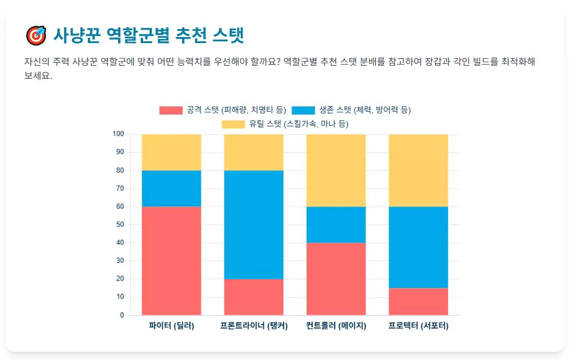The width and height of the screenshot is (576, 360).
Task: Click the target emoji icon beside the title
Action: (35, 35)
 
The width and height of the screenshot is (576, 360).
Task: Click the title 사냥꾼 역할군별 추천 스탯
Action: (148, 35)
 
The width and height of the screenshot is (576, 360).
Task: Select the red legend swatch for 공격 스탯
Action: (170, 110)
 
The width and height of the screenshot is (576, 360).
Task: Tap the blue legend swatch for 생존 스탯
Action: (303, 110)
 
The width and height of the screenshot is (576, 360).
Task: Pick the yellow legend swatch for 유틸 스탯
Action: (233, 124)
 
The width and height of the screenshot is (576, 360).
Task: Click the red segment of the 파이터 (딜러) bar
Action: (172, 261)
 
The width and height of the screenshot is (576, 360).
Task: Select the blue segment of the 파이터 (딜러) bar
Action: (172, 188)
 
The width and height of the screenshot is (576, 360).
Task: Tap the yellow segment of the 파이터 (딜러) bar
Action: (172, 152)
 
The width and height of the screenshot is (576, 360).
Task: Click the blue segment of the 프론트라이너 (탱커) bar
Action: (254, 224)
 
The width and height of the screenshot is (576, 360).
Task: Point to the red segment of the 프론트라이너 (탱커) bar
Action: (254, 297)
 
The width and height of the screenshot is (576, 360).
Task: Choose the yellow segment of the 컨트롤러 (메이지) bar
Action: (336, 170)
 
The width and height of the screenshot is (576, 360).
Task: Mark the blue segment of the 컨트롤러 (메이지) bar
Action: (336, 224)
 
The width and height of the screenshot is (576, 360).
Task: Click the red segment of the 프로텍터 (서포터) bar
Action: (418, 301)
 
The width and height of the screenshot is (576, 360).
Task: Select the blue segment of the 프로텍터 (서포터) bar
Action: (418, 247)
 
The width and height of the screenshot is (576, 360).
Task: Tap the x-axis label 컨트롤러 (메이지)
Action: (336, 326)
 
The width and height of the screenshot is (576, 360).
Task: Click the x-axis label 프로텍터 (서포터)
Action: (418, 326)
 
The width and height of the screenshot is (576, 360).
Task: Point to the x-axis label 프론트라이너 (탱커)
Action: (254, 326)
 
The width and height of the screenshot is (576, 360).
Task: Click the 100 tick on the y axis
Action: (118, 134)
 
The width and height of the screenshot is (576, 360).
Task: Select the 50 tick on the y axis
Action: (120, 224)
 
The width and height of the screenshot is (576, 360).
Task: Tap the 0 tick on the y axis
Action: (122, 315)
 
